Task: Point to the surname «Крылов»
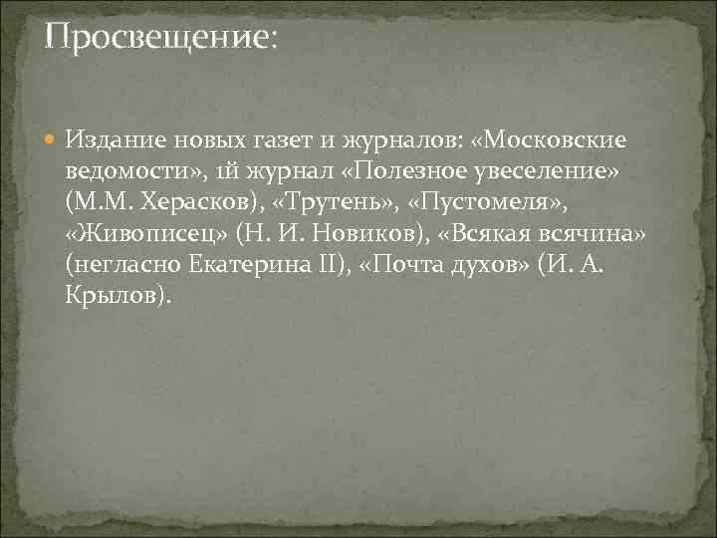[113, 297]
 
